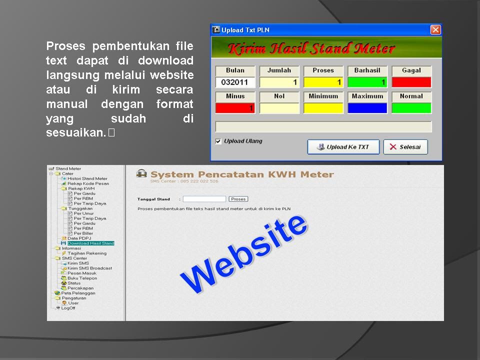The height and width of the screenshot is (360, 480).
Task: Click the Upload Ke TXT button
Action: pos(343,147)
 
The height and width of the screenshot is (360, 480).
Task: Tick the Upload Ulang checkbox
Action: pos(218,141)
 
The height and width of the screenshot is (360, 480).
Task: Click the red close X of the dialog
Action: pos(435,29)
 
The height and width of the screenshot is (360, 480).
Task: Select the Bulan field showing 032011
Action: pos(235,82)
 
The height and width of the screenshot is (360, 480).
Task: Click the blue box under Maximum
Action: pos(367,108)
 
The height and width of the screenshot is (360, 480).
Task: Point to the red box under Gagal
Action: pos(411,82)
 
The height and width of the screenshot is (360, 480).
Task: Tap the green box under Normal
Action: pos(411,108)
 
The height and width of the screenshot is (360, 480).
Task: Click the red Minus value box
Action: pos(235,108)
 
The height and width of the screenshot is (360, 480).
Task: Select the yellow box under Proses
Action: pos(323,82)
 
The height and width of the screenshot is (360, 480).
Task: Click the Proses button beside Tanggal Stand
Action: pos(238,199)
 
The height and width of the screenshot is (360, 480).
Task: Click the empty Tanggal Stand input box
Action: pos(204,199)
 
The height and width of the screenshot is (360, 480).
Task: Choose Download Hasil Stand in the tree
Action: pos(90,243)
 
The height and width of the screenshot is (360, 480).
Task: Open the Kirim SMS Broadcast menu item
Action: pos(89,268)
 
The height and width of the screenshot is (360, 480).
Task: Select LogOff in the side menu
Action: pos(68,308)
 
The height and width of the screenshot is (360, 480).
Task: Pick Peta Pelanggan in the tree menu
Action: pos(78,293)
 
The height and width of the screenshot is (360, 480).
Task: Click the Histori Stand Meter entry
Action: pos(87,178)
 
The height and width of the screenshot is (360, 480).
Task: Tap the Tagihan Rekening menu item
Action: pos(87,253)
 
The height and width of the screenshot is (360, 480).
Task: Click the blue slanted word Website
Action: pos(243,254)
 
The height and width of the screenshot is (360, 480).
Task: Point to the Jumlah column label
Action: pos(279,70)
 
